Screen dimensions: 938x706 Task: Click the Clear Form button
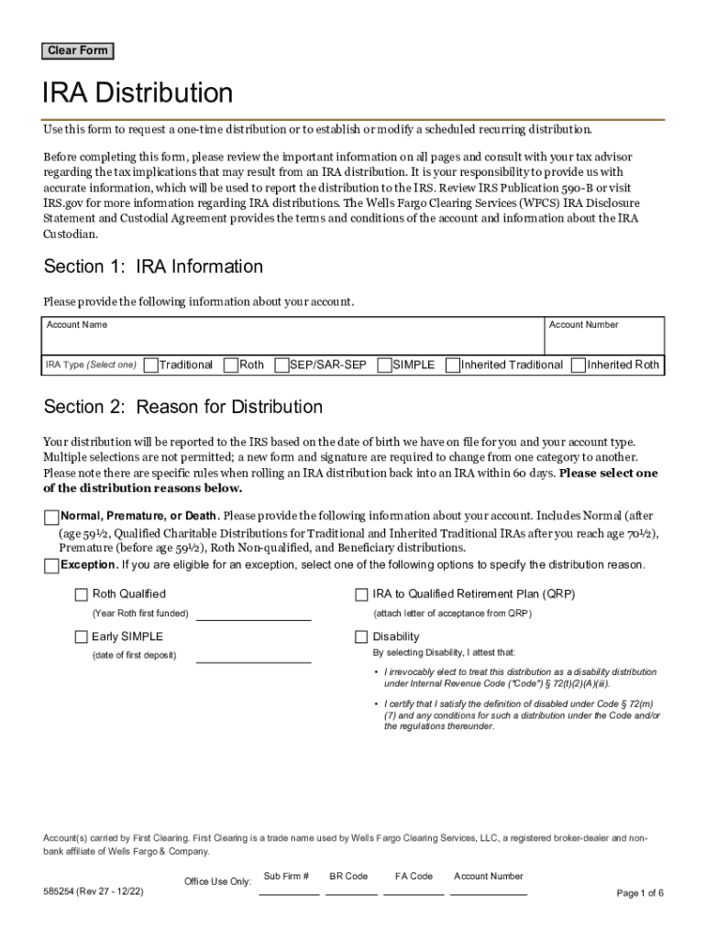(x=78, y=51)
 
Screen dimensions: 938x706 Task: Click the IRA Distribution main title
(x=138, y=93)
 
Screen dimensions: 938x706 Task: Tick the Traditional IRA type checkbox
(x=150, y=365)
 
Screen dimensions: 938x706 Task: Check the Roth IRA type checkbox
(x=231, y=365)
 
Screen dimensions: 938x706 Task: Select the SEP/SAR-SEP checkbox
(x=281, y=365)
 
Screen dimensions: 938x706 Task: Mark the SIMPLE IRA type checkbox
(x=384, y=365)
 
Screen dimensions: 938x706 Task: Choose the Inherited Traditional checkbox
(x=453, y=365)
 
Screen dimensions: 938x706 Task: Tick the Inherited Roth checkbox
(x=578, y=365)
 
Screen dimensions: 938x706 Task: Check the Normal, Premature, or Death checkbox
(x=51, y=517)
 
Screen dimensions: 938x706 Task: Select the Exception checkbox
(x=51, y=565)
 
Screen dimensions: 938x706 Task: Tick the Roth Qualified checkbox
(x=82, y=594)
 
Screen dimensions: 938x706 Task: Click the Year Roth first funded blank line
(x=253, y=613)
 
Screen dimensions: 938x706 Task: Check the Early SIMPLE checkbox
(x=82, y=637)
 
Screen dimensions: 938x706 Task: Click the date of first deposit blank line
(x=253, y=655)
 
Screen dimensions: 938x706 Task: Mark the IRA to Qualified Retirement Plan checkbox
(x=361, y=594)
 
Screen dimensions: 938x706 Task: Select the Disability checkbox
(x=361, y=637)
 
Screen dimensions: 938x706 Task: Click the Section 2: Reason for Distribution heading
(x=183, y=407)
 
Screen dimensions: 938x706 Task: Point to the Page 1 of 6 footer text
(x=640, y=894)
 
